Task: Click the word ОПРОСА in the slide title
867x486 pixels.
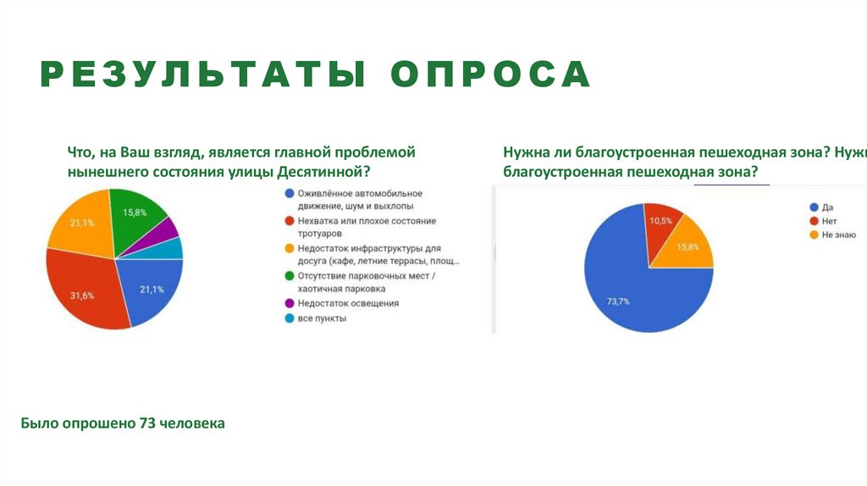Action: [x=490, y=75]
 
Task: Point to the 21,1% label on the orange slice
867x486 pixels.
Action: [x=82, y=223]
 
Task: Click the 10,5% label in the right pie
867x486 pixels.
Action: [x=660, y=220]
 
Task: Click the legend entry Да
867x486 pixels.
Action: [x=826, y=207]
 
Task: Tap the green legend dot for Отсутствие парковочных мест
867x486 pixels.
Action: [x=290, y=275]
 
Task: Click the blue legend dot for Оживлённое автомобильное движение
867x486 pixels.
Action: [x=290, y=193]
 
